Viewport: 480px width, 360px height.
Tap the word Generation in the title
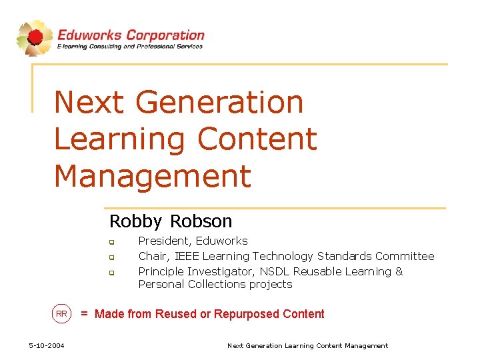point(219,103)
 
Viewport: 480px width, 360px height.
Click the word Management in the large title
point(152,176)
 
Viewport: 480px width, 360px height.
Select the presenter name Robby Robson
point(171,221)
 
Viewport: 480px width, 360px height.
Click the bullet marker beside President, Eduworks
point(113,242)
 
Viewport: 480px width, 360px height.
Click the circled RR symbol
point(61,314)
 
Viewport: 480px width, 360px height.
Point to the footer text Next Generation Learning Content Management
point(307,345)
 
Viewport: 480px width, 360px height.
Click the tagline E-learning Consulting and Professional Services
point(130,47)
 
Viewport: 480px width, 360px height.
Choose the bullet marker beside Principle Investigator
point(113,273)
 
